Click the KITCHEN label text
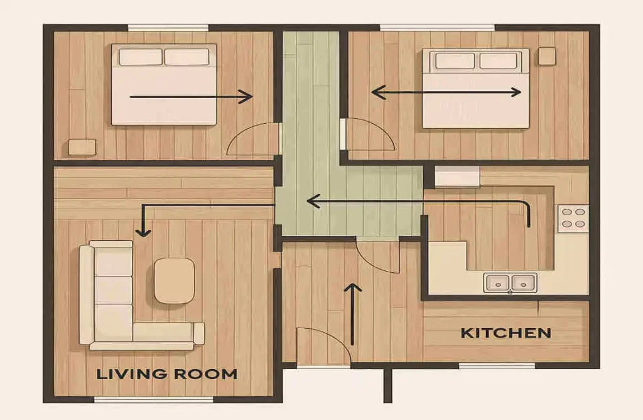505,333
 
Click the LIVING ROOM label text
166,374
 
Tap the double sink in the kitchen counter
510,282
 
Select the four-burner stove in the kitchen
572,218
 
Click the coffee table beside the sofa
174,280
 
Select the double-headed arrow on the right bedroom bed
446,92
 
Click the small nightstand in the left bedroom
82,146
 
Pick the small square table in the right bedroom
546,56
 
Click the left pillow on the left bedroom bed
140,57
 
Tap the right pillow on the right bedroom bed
499,61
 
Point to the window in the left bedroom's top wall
168,28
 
